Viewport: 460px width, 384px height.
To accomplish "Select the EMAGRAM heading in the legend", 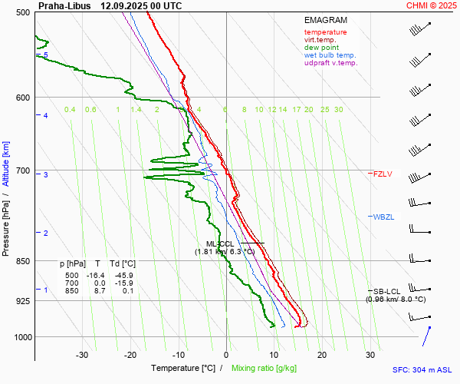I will [325, 21].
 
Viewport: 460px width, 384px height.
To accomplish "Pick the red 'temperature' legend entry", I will [325, 32].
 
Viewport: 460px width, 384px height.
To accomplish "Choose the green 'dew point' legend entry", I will [322, 48].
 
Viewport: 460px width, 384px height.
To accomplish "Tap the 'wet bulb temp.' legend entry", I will [330, 55].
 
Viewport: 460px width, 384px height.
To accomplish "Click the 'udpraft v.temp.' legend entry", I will [330, 63].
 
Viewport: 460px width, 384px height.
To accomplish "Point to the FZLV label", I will [383, 174].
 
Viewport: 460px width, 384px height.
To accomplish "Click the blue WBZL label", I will [383, 217].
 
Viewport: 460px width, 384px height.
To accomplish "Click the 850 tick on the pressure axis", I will [22, 261].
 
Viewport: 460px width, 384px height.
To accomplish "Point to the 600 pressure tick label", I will [22, 98].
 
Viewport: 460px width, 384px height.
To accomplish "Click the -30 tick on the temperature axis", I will [82, 355].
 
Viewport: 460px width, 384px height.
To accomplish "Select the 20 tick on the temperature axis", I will [321, 355].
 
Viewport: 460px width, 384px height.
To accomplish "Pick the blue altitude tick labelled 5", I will [45, 55].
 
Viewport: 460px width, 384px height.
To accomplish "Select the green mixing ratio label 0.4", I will [70, 110].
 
